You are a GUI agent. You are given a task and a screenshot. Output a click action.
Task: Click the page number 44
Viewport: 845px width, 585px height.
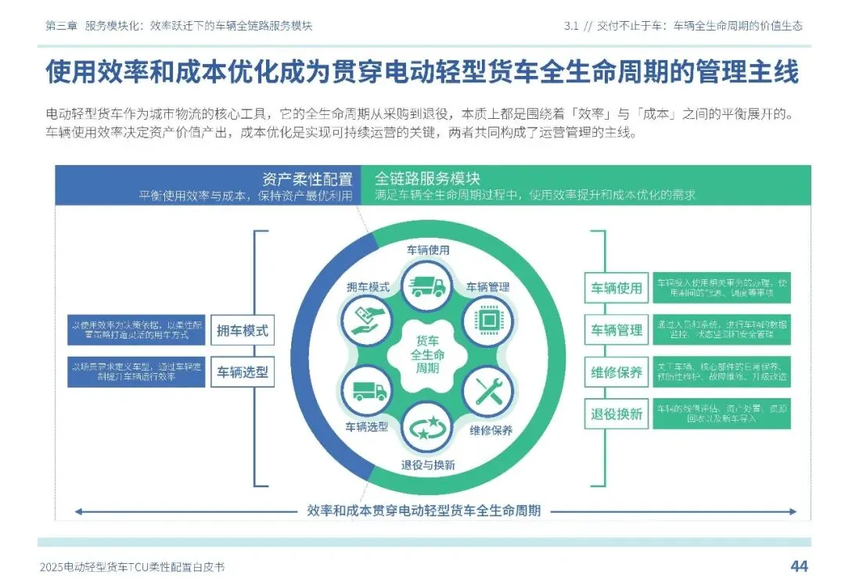[x=799, y=565]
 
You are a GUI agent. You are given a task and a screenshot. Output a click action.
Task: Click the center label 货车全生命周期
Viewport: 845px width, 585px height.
[x=427, y=354]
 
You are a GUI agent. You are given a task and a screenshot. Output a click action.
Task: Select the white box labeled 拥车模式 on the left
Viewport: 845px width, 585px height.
[x=242, y=331]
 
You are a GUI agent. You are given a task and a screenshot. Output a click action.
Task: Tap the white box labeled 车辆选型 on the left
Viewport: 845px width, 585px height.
[x=242, y=373]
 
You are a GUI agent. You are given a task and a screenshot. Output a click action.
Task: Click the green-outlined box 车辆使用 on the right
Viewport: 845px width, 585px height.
[x=617, y=288]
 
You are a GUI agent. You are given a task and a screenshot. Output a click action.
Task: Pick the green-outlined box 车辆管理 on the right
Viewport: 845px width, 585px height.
[x=617, y=330]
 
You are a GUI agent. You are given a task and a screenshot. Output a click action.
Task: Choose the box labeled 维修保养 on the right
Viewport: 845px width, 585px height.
[x=617, y=372]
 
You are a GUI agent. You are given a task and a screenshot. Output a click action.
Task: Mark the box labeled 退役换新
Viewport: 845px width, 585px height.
[x=617, y=414]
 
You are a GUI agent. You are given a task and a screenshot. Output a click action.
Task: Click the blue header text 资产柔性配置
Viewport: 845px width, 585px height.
[x=307, y=178]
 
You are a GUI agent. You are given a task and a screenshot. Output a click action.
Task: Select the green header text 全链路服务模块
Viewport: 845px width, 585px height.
[x=427, y=178]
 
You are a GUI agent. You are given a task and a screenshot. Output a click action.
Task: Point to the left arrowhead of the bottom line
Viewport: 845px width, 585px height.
[x=78, y=512]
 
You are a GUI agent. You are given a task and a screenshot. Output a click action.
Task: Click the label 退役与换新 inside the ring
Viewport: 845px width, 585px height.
[x=427, y=465]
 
